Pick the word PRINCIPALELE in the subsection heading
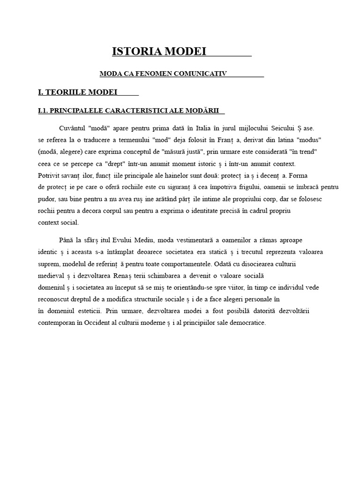pyautogui.click(x=74, y=111)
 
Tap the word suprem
pyautogui.click(x=49, y=264)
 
